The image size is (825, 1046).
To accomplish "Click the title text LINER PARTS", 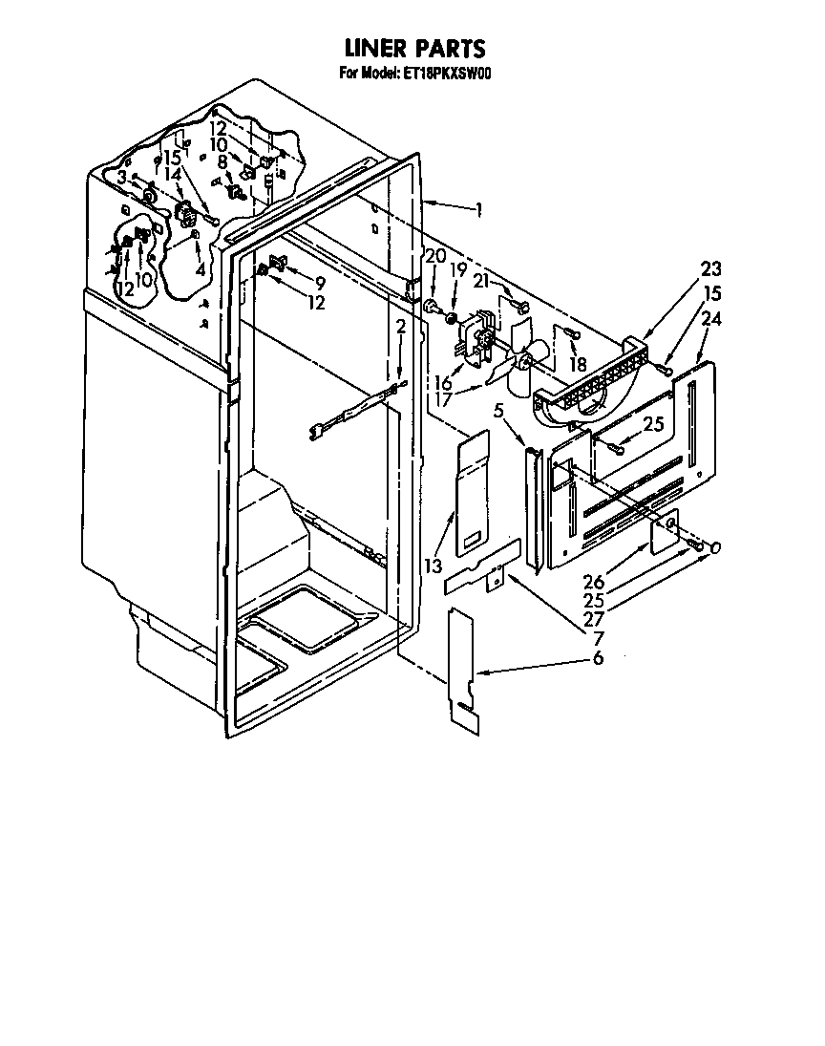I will click(x=414, y=49).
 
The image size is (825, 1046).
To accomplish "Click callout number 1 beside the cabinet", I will click(x=477, y=210).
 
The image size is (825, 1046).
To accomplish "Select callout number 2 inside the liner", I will click(x=402, y=328).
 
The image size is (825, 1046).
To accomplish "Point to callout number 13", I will click(x=434, y=566).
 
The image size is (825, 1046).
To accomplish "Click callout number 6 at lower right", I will click(x=598, y=658).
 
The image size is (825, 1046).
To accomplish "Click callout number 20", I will click(x=434, y=256).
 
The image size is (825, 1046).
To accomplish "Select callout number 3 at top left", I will click(x=122, y=178).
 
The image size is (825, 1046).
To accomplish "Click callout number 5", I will click(x=498, y=411).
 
